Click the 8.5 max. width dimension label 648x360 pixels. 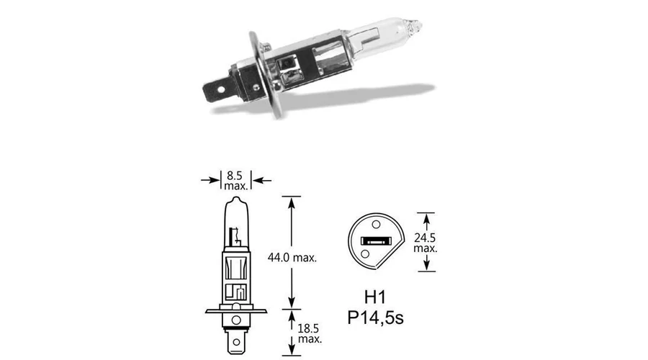point(235,181)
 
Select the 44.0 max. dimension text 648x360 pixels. point(292,258)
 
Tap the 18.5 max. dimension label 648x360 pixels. point(310,333)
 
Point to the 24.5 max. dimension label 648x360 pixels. point(426,243)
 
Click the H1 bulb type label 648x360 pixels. point(375,297)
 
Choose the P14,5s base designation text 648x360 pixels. point(375,318)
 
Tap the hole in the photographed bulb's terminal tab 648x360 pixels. point(221,89)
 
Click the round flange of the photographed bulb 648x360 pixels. point(265,74)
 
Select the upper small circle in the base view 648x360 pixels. point(376,225)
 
